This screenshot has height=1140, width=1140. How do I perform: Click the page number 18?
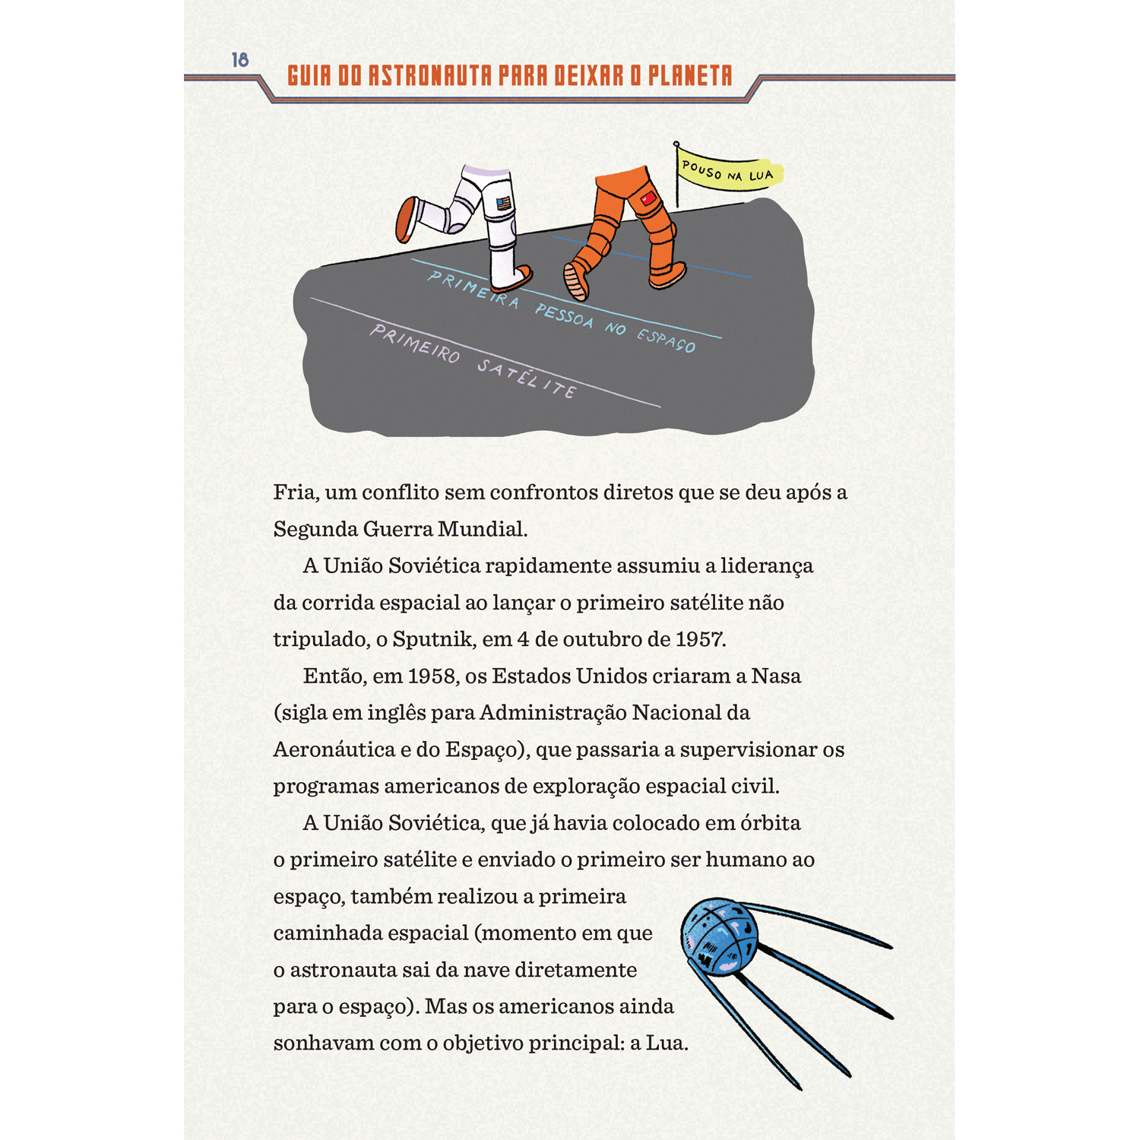pyautogui.click(x=240, y=60)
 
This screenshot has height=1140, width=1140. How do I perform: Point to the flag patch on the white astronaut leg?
pyautogui.click(x=503, y=204)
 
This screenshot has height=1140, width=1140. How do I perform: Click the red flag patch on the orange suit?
pyautogui.click(x=648, y=199)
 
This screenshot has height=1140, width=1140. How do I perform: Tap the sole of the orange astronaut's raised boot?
pyautogui.click(x=575, y=281)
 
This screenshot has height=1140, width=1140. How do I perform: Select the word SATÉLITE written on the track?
pyautogui.click(x=527, y=377)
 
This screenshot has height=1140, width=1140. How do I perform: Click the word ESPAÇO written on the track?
pyautogui.click(x=666, y=340)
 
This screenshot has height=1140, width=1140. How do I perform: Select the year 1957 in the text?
pyautogui.click(x=700, y=639)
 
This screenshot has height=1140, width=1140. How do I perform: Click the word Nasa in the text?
pyautogui.click(x=776, y=676)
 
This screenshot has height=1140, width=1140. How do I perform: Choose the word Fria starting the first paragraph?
pyautogui.click(x=294, y=492)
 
